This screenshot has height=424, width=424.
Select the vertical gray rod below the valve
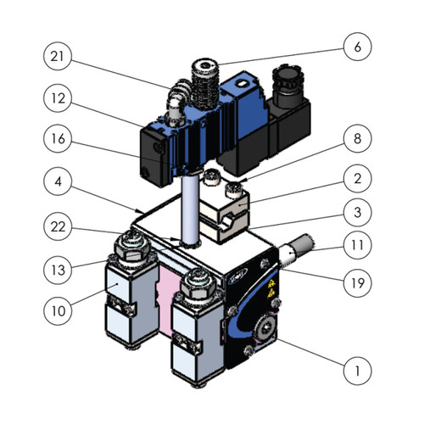click(189, 212)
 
